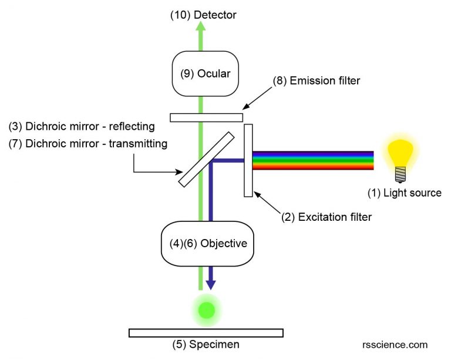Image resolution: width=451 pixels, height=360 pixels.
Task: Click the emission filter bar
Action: click(206, 117)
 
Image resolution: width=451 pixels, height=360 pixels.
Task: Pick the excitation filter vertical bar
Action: click(248, 160)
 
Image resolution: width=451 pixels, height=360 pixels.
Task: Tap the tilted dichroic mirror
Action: click(206, 159)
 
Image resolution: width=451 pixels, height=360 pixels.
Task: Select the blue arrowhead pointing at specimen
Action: click(211, 284)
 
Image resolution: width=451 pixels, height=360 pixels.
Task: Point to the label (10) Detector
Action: click(203, 15)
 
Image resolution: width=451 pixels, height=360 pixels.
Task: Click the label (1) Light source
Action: click(404, 193)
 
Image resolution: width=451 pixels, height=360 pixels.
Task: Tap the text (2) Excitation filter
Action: click(327, 217)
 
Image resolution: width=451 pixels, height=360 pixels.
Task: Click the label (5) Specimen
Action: click(205, 345)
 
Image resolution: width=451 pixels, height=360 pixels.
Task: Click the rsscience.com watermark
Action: click(395, 345)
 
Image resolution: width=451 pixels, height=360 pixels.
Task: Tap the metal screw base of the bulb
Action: click(402, 174)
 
